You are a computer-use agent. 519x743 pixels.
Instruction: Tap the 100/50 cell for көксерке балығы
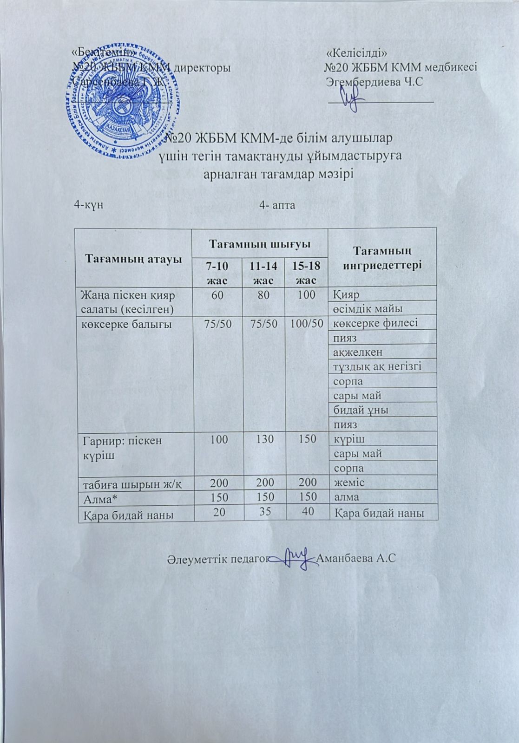click(x=307, y=324)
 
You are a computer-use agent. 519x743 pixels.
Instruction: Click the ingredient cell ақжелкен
click(x=358, y=352)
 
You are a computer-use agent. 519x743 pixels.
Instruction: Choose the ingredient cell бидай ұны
click(x=361, y=410)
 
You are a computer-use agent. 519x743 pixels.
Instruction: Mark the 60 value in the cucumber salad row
click(x=217, y=294)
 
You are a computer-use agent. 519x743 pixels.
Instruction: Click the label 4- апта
click(x=278, y=205)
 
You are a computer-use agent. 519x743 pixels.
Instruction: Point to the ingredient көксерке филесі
click(x=375, y=323)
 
